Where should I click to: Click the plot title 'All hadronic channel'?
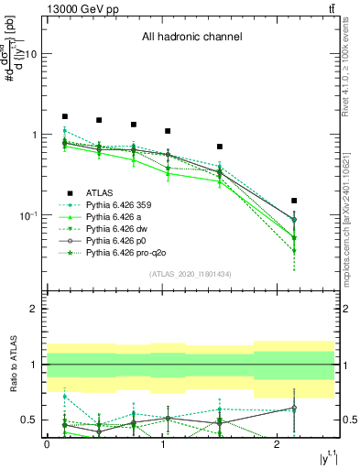(x=191, y=38)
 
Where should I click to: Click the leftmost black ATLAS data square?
(x=65, y=117)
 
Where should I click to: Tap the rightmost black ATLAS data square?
(x=294, y=200)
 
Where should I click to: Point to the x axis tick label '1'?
(x=162, y=444)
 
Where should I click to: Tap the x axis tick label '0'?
(x=47, y=444)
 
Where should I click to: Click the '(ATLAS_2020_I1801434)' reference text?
(x=191, y=274)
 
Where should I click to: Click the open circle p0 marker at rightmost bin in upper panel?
(x=294, y=220)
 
